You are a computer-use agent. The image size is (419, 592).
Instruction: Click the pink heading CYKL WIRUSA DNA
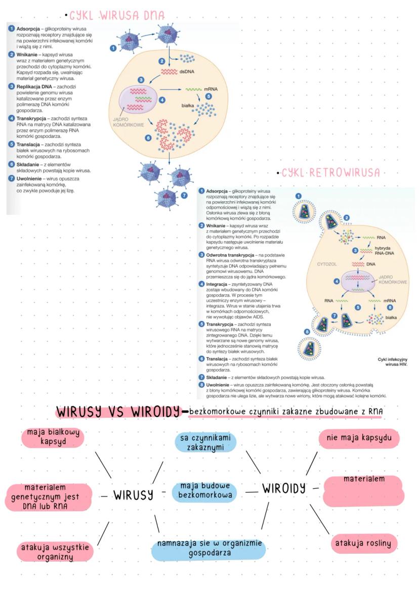(117, 15)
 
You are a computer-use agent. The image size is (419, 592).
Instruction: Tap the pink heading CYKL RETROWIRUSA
(331, 173)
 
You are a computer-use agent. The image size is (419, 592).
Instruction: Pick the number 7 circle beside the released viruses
(184, 195)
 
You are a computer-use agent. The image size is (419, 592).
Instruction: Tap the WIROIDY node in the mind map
(284, 488)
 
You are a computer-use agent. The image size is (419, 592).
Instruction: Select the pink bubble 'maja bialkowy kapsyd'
(53, 438)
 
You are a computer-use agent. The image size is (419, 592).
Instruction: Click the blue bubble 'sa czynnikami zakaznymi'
(206, 442)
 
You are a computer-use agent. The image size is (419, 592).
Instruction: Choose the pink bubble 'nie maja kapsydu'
(359, 437)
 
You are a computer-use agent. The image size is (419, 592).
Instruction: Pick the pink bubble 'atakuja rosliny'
(364, 543)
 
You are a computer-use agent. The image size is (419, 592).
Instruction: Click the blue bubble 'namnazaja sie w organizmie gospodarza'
(209, 549)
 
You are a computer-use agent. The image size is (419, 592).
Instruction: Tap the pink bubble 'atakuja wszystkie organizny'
(55, 552)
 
